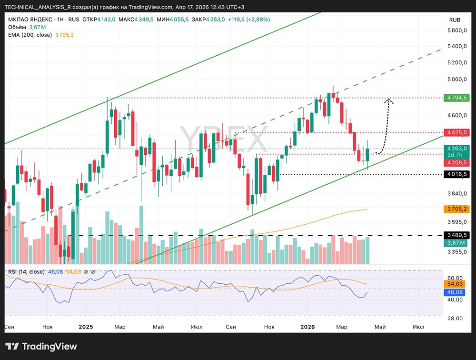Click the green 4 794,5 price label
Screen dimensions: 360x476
pos(456,98)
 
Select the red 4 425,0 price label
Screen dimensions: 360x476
pos(456,132)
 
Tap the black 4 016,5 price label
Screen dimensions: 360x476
pos(456,174)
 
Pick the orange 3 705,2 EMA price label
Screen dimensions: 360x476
pos(456,209)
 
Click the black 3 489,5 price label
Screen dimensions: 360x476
pos(456,235)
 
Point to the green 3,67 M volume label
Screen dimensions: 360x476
pos(456,243)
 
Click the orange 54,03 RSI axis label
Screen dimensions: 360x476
pos(456,284)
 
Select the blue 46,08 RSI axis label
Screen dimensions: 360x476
pos(456,291)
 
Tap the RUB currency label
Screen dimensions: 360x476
pos(455,20)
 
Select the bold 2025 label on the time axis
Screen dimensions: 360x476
pos(86,327)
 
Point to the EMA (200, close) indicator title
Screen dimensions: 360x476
pos(30,35)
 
